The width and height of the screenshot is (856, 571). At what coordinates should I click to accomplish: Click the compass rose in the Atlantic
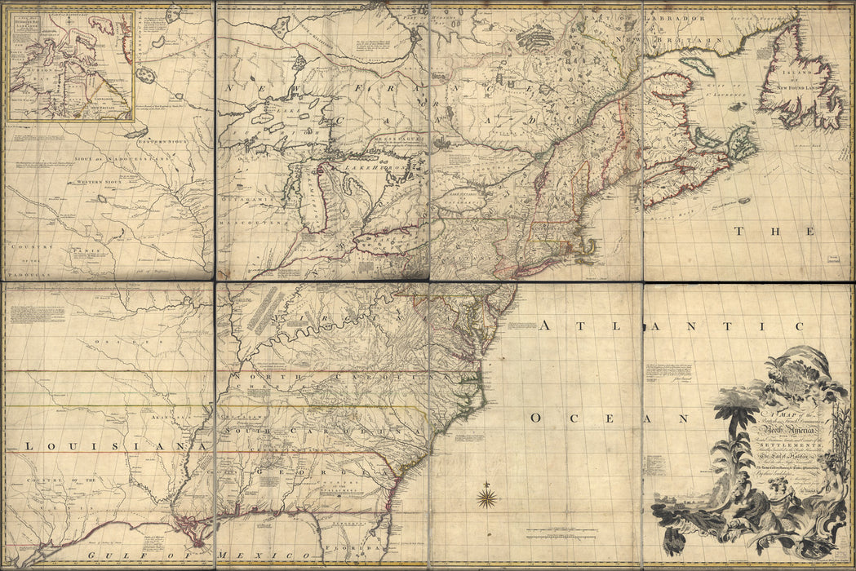click(x=488, y=497)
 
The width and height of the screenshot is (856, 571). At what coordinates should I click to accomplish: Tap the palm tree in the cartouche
click(x=736, y=408)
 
